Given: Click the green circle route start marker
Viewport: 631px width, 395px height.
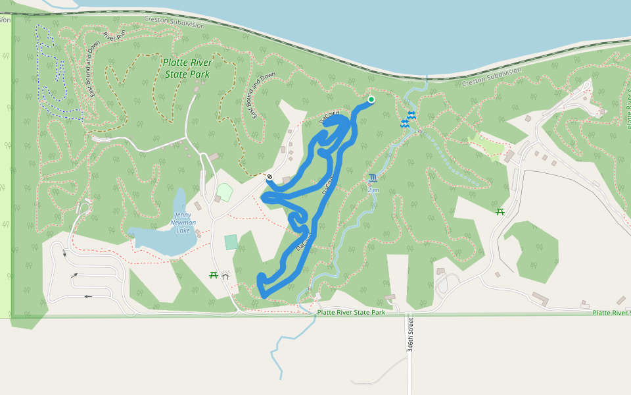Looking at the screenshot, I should click(x=371, y=99).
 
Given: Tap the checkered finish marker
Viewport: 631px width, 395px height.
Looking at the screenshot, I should click(x=269, y=176).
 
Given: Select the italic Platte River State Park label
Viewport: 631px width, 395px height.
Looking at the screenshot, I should click(x=187, y=68).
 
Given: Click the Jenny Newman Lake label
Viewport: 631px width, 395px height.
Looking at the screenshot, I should click(x=183, y=223).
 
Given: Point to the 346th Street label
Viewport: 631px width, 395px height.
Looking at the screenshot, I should click(x=410, y=334).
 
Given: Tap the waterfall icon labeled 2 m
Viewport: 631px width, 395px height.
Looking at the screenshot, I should click(x=373, y=178).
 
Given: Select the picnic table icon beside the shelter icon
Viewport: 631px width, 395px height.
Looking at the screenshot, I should click(x=214, y=275).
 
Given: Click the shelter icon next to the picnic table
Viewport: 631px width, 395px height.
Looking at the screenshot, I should click(x=225, y=275).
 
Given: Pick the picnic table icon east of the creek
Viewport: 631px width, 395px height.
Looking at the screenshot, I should click(x=500, y=211).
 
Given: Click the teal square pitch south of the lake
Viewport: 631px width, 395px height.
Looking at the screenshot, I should click(x=231, y=242).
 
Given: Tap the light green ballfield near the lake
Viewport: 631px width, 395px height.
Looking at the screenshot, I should click(x=225, y=192).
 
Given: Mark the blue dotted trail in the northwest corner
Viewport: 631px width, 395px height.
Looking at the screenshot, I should click(x=49, y=72).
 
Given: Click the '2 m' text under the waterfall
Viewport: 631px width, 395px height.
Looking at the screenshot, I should click(x=373, y=190).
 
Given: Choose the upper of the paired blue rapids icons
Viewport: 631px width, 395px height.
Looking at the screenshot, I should click(x=411, y=115).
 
